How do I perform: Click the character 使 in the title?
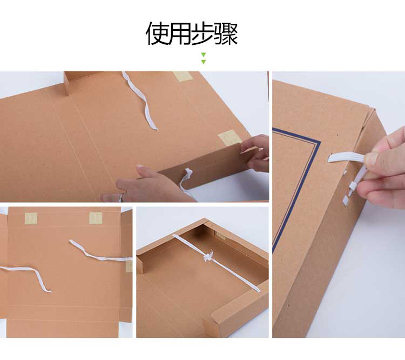tap(157, 34)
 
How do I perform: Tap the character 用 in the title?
tap(180, 34)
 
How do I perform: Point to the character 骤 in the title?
tap(226, 34)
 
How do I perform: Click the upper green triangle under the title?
tap(204, 55)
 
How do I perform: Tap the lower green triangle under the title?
tap(204, 62)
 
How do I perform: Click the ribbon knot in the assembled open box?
tap(208, 256)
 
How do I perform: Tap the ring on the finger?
tap(120, 198)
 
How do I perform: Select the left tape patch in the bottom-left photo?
tap(31, 218)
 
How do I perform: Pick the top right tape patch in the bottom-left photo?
tap(96, 218)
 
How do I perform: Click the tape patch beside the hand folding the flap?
tap(230, 138)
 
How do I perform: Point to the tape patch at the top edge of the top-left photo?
tap(183, 76)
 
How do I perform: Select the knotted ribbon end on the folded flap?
tap(187, 173)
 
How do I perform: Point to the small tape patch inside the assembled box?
tap(220, 235)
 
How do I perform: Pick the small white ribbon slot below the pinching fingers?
tap(346, 199)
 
